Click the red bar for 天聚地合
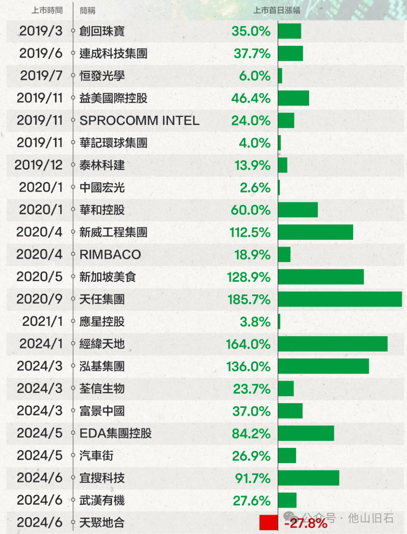point(268,522)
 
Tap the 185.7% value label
point(249,300)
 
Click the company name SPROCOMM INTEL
point(139,120)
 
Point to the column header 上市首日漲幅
point(277,10)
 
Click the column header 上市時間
point(47,10)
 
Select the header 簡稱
point(87,11)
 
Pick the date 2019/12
point(38,165)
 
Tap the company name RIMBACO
point(110,254)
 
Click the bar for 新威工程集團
point(315,232)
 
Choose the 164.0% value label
point(248,344)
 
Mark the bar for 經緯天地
point(333,344)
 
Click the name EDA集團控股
point(115,433)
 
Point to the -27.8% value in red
point(306,523)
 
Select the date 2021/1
point(42,321)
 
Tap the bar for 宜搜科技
point(309,478)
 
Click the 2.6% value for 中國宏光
point(255,187)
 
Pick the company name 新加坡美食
point(107,277)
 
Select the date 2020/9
point(39,299)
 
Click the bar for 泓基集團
point(323,366)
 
